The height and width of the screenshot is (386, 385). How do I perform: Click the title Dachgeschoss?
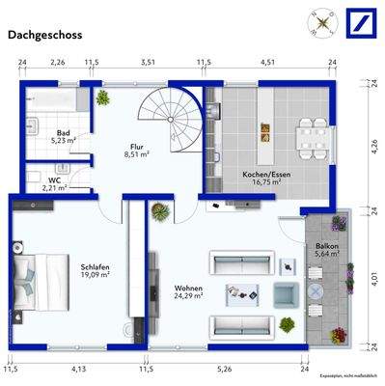click(45, 35)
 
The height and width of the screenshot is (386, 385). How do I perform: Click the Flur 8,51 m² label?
click(136, 150)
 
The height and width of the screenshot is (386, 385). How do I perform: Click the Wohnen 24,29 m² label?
click(188, 291)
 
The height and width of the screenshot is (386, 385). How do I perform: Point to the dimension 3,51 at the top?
click(148, 62)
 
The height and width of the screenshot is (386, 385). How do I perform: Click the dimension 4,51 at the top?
click(268, 62)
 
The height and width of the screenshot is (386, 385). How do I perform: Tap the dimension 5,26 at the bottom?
click(224, 368)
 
